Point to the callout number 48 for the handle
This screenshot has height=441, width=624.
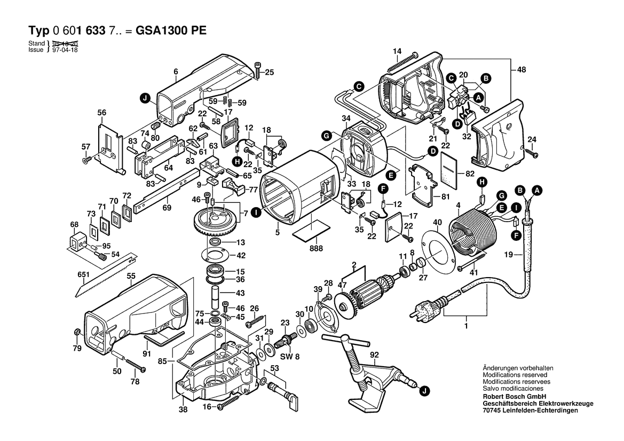point(522,69)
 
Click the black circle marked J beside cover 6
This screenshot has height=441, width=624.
point(144,97)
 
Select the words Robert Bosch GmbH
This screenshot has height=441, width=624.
point(513,397)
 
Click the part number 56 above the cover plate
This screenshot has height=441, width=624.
point(102,113)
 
